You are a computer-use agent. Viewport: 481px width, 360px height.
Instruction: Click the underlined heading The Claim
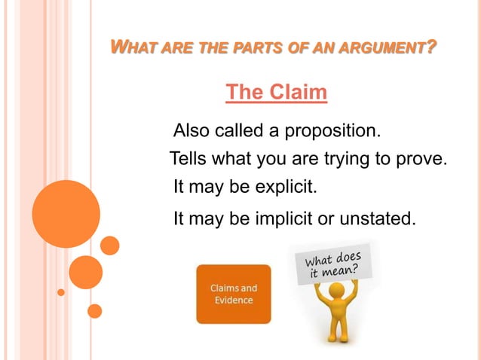pos(277,93)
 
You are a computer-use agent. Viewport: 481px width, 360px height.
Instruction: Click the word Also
pos(191,131)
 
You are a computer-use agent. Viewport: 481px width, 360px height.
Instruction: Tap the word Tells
pos(188,159)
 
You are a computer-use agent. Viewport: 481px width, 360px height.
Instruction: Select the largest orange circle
pos(66,214)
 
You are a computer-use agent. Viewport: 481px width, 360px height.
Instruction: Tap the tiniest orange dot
pos(61,291)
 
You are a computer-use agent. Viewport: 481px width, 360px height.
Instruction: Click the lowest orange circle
pos(95,311)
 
